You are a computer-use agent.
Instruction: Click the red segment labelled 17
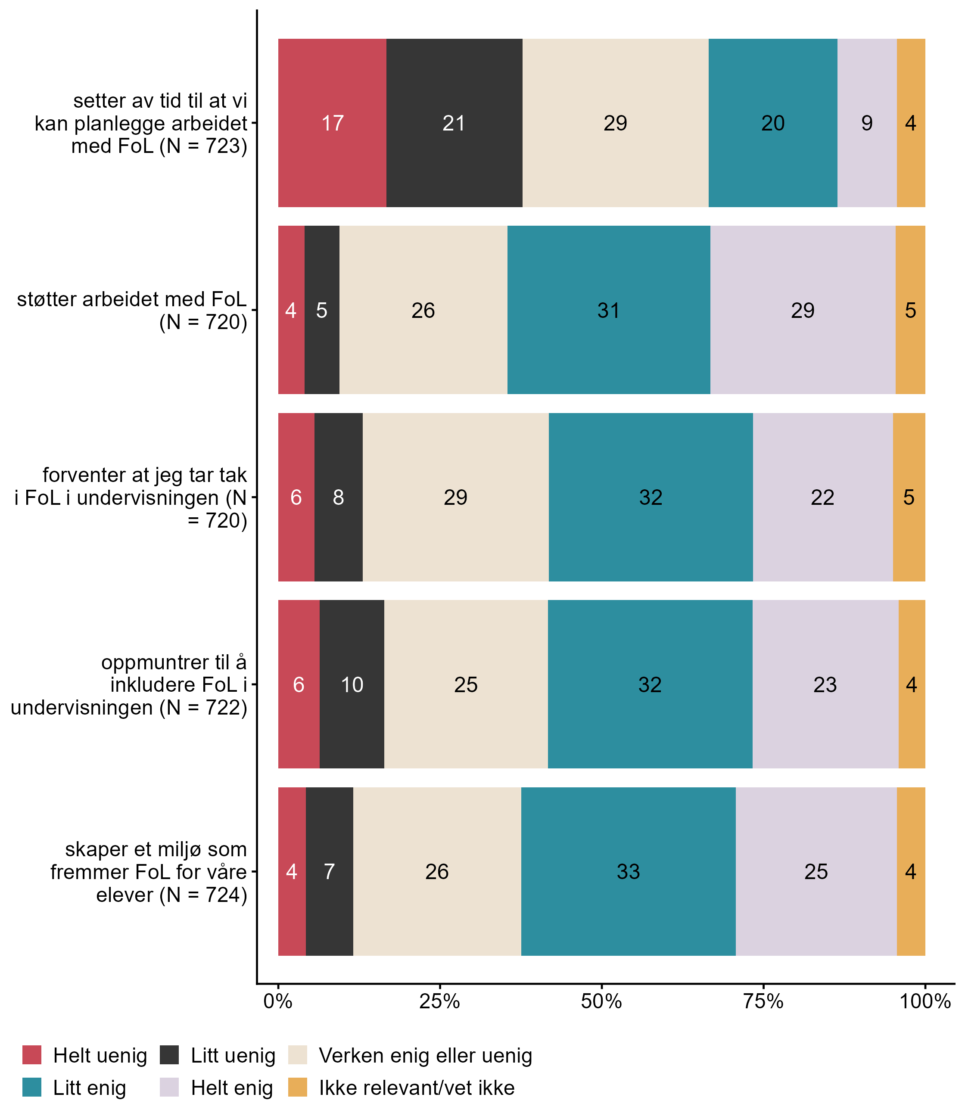(x=332, y=123)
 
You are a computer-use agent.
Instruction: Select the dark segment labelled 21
(x=454, y=123)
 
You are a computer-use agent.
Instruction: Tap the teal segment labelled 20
(x=773, y=123)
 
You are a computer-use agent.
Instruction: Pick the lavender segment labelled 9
(x=867, y=123)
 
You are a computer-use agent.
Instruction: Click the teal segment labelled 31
(x=608, y=310)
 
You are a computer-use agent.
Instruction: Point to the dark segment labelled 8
(x=338, y=497)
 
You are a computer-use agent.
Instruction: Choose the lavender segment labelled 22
(x=822, y=497)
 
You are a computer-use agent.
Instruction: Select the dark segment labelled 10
(x=352, y=684)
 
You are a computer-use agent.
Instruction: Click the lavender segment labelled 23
(x=825, y=684)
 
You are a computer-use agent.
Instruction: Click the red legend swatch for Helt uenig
(x=32, y=1055)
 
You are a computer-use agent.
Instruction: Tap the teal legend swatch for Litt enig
(x=32, y=1088)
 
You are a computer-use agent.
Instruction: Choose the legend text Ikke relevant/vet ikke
(x=417, y=1088)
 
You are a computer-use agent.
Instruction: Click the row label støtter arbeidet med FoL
(x=132, y=310)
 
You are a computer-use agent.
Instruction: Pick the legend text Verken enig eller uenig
(x=425, y=1055)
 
